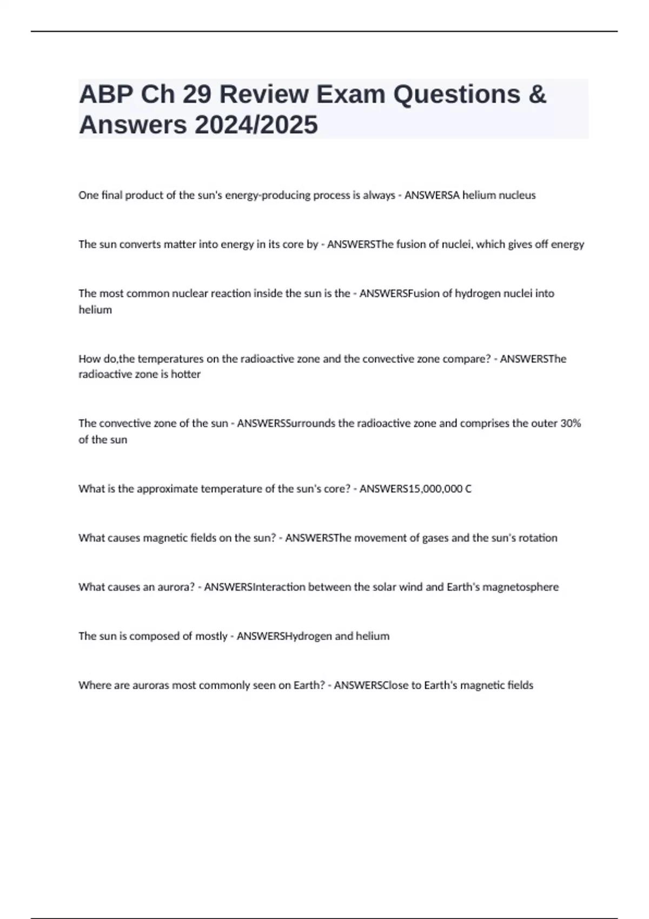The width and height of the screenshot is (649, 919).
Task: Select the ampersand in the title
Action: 536,95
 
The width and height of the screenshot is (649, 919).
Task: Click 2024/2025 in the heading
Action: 256,125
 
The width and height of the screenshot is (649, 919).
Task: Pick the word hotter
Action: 186,374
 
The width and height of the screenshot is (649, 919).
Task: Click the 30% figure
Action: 571,423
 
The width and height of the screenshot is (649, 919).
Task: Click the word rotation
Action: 538,538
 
